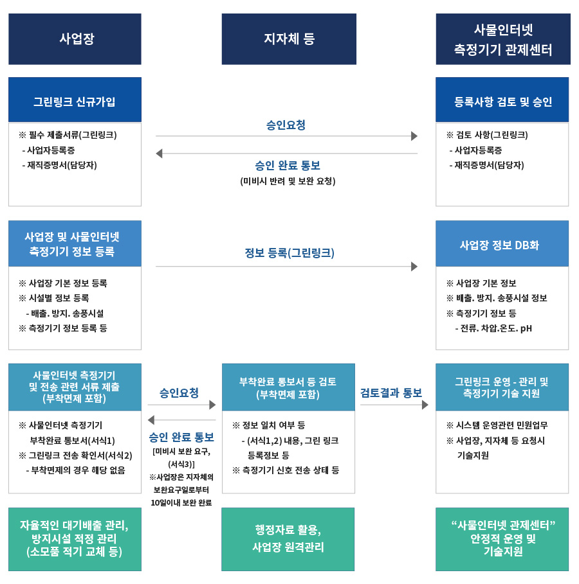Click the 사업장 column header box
pos(75,39)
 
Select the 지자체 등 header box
pos(289,39)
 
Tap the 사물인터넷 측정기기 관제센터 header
pos(503,39)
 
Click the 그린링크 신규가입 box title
pos(75,102)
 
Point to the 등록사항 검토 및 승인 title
pos(503,102)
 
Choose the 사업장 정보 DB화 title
pos(499,245)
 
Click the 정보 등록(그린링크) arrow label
pos(289,253)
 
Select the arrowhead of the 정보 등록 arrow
pos(414,266)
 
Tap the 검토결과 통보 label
pos(391,393)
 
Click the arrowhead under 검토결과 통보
pos(425,405)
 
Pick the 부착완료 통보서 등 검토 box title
pos(288,387)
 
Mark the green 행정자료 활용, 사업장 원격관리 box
pos(288,539)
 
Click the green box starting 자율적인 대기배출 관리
pos(75,539)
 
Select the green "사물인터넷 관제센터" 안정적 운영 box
pos(502,539)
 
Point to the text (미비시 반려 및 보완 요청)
pos(288,181)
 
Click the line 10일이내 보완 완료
pos(181,503)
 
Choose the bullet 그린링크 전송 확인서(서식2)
pos(75,456)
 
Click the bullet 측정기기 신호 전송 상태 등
pos(286,470)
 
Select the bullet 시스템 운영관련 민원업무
pos(497,425)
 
